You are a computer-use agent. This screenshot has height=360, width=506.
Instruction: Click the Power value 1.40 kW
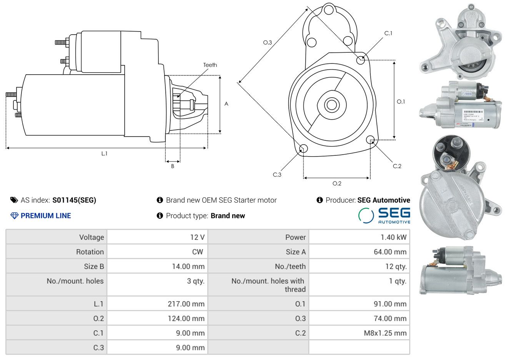[x=393, y=237]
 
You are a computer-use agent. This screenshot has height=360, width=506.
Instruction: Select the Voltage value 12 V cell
[x=197, y=237]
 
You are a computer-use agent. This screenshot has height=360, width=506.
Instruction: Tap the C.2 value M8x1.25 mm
[x=385, y=333]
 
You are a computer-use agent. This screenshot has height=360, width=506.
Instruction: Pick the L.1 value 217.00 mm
[x=186, y=304]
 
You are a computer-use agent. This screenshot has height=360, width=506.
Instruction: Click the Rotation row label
[x=90, y=252]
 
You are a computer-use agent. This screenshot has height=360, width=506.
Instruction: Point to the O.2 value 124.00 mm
[x=186, y=318]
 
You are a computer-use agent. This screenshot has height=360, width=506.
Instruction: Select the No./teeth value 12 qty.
[x=396, y=267]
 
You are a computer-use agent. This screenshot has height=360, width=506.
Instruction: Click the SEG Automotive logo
[x=384, y=215]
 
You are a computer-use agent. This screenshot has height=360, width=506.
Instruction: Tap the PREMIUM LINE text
[x=45, y=216]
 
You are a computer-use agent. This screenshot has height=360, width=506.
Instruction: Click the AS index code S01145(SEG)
[x=74, y=200]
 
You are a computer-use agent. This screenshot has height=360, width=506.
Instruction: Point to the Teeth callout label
[x=210, y=65]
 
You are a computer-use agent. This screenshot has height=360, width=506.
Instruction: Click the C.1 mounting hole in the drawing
[x=361, y=60]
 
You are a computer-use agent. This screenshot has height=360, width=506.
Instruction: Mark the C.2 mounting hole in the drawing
[x=370, y=139]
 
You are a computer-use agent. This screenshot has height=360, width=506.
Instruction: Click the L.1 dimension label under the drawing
[x=104, y=153]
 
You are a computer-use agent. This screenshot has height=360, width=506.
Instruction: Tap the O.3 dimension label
[x=267, y=42]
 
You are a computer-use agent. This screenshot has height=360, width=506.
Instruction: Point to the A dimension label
[x=226, y=104]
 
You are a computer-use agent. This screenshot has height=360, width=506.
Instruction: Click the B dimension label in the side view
[x=173, y=166]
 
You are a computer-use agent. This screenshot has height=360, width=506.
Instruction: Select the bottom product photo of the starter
[x=460, y=270]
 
